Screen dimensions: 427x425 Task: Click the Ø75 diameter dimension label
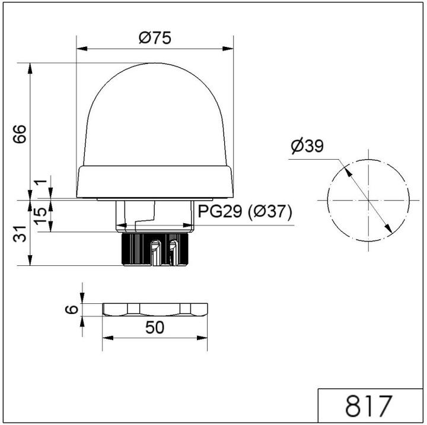[x=155, y=38]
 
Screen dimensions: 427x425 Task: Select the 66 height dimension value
[x=20, y=134]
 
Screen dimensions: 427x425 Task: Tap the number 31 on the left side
[x=20, y=234]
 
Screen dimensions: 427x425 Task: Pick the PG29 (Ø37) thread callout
[x=245, y=211]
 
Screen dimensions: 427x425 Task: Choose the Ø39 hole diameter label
[x=307, y=146]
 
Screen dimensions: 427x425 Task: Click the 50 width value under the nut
[x=155, y=328]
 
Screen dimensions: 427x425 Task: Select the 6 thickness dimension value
[x=72, y=310]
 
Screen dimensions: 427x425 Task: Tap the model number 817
[x=369, y=405]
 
